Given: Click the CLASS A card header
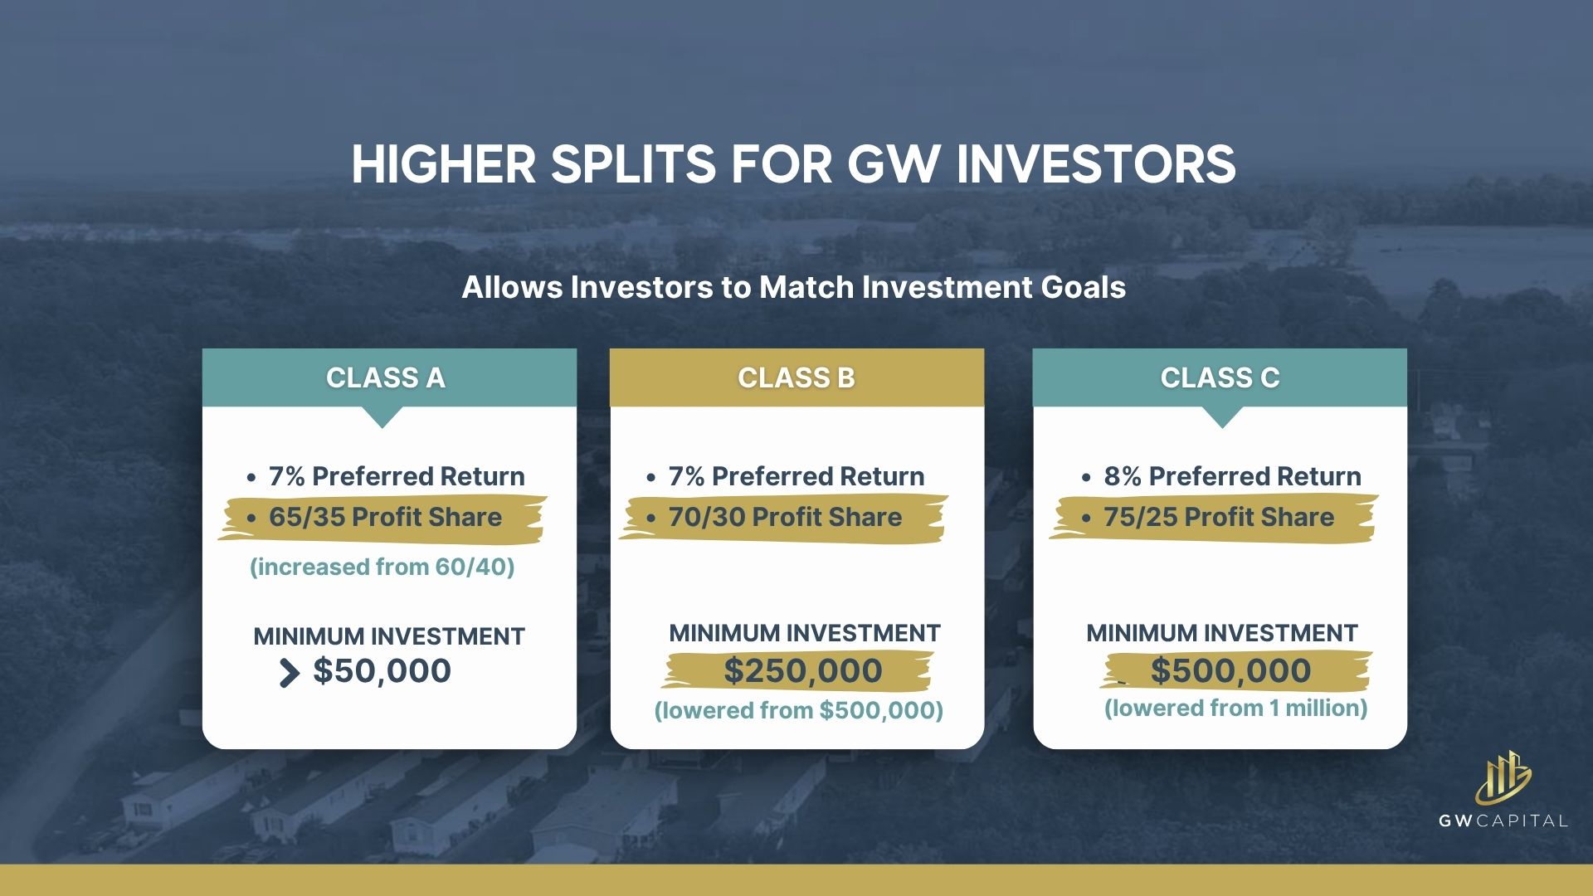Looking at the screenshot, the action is tap(386, 377).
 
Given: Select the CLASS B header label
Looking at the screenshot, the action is tap(796, 377).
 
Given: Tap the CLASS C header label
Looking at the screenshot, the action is tap(1220, 377).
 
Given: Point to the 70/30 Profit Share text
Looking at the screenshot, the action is tap(785, 517).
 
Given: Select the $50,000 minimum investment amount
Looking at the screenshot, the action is tap(382, 670).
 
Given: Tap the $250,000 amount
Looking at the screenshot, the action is tap(803, 670).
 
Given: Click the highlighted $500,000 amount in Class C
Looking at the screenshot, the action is tap(1230, 670).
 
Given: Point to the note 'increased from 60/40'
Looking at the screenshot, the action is tap(382, 567).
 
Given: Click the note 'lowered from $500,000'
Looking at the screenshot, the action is tap(799, 711).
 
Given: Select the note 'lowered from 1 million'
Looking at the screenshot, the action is tap(1235, 709).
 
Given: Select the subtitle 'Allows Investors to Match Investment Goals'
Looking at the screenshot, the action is tap(794, 287).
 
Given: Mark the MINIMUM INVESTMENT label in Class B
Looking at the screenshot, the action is tap(805, 633).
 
